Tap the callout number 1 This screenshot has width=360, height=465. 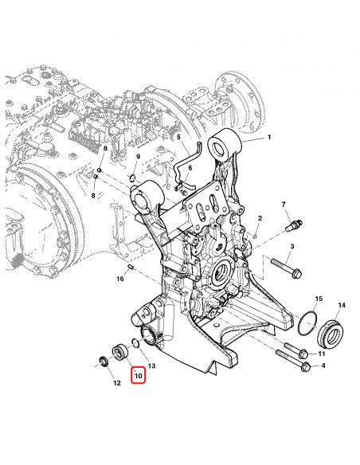269,138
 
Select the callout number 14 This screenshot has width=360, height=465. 342,305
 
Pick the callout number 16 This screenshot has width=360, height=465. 121,278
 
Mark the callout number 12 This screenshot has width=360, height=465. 117,383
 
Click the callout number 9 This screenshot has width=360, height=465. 137,157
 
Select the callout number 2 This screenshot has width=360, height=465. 260,218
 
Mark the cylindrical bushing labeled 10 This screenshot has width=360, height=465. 121,351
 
